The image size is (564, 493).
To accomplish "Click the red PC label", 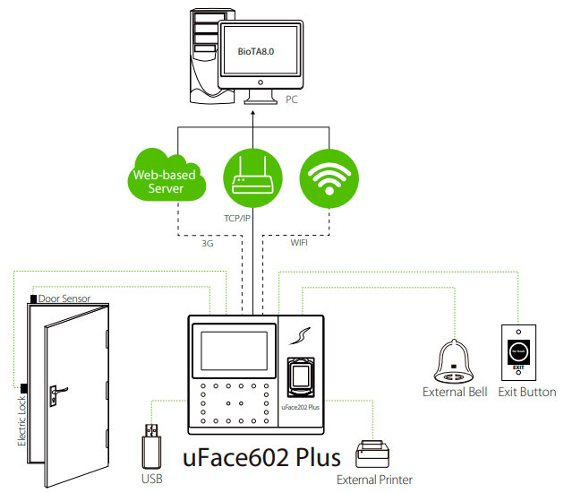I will (292, 100).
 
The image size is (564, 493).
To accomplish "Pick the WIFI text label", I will (299, 242).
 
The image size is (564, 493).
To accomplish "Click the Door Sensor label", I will (64, 298).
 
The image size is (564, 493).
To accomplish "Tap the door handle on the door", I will (56, 391).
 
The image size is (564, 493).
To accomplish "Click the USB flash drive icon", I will (151, 442).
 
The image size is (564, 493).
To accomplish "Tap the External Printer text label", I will (374, 480).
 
